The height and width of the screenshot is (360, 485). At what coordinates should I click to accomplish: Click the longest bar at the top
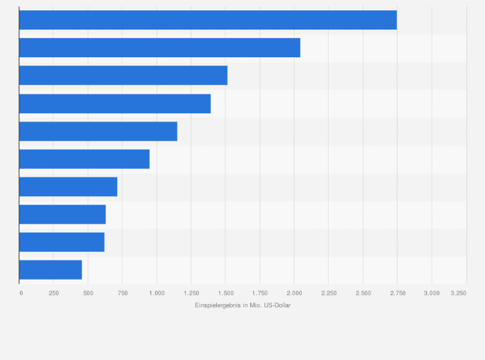tap(208, 20)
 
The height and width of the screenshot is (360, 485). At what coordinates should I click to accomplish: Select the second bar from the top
tap(160, 48)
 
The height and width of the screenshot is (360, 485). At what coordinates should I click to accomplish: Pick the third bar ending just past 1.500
tap(123, 75)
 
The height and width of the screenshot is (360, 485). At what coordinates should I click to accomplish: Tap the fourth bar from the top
tap(114, 104)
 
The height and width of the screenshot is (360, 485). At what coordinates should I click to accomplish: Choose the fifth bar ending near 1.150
tap(98, 131)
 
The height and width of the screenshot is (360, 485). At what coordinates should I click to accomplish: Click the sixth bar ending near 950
tap(84, 159)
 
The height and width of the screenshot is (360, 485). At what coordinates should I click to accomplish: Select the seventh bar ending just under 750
tap(68, 186)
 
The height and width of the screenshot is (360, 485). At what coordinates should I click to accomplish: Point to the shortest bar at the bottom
tap(50, 270)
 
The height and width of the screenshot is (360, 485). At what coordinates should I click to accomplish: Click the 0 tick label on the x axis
tap(21, 292)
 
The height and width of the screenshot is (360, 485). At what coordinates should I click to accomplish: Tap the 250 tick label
tap(54, 292)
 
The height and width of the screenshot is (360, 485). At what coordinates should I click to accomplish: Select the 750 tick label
tap(122, 292)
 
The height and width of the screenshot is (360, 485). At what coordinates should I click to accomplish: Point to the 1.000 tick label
tap(156, 292)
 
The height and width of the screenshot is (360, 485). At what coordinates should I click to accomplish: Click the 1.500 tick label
tap(225, 292)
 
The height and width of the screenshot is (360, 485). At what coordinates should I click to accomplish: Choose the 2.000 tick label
tap(294, 292)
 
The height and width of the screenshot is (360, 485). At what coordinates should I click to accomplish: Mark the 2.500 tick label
tap(363, 292)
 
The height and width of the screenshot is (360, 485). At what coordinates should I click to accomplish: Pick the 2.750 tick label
tap(397, 292)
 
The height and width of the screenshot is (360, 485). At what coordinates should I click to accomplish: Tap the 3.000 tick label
tap(432, 292)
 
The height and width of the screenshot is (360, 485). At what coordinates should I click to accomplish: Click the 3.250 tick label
tap(459, 292)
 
